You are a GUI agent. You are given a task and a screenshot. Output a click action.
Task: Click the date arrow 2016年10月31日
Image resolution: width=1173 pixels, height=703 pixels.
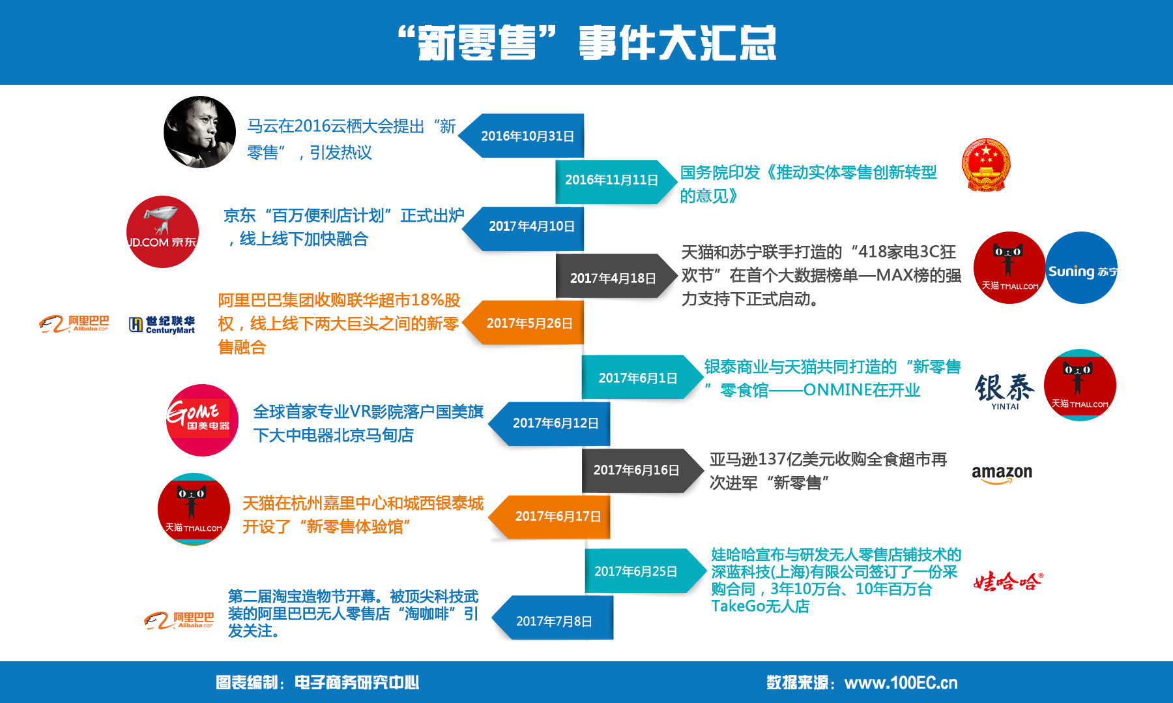tap(521, 136)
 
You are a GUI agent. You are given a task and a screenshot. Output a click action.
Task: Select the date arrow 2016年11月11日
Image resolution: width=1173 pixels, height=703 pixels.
tap(616, 181)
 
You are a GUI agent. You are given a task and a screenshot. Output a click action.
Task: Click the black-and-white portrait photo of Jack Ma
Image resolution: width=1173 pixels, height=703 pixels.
tap(199, 132)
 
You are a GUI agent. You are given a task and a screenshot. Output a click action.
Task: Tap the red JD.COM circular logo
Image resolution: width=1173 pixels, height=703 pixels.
tap(162, 232)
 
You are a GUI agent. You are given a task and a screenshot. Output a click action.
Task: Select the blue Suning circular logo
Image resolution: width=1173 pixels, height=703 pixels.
tap(1082, 267)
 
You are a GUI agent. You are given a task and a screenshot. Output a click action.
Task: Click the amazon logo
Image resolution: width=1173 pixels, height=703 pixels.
tap(1002, 474)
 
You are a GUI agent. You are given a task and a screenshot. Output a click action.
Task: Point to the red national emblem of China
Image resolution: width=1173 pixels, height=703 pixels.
tap(986, 164)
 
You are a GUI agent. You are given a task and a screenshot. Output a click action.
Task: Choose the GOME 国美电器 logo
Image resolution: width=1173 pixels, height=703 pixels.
tap(202, 420)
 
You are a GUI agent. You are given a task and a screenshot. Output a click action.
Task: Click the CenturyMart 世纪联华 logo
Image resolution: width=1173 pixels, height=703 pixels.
tap(162, 325)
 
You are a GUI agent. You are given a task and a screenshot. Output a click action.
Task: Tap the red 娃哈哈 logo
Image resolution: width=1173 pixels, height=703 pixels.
tap(1008, 581)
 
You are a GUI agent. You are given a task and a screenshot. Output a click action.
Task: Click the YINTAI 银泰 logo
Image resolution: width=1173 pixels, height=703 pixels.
tap(1005, 391)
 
